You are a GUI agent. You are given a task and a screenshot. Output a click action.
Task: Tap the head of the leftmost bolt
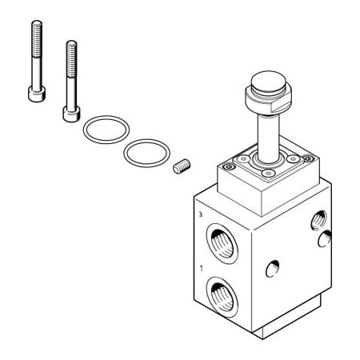point(35,94)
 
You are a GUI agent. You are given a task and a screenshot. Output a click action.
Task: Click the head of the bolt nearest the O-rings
point(69,112)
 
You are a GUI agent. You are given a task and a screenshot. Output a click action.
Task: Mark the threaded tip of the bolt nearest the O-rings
point(71,46)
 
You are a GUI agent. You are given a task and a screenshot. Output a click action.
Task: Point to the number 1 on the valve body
point(202,269)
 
